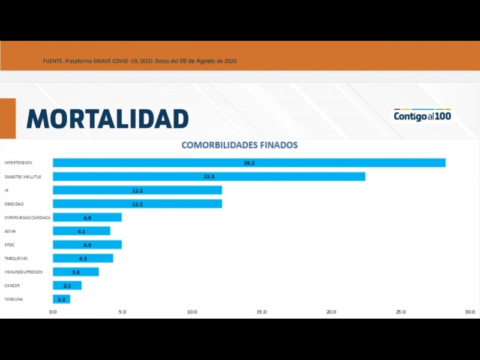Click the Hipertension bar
249,163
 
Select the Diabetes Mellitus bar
209,176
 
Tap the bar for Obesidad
137,204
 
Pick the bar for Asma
82,231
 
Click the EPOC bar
87,245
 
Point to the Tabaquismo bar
83,259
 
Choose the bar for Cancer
67,286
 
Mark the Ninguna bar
61,299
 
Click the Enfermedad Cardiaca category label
28,217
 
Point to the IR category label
7,190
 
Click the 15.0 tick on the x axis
262,312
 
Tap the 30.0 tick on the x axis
470,312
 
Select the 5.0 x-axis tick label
122,312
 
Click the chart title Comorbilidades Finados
239,145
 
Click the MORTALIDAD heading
107,119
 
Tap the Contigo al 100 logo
422,115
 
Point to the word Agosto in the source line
205,61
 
